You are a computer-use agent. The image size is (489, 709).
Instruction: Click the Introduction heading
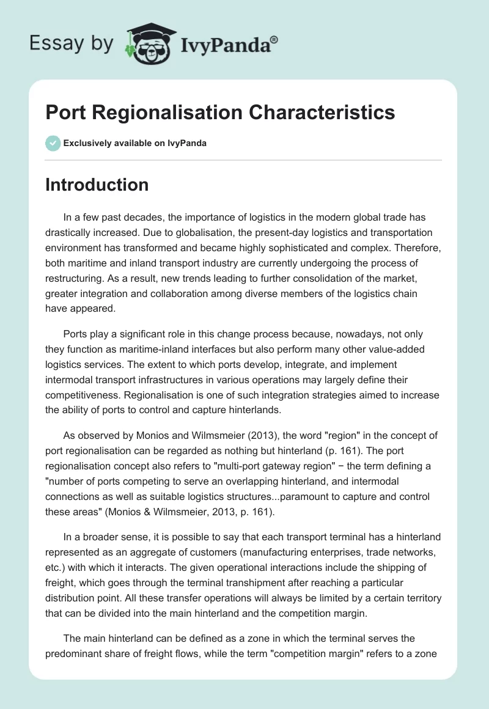[x=97, y=185]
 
